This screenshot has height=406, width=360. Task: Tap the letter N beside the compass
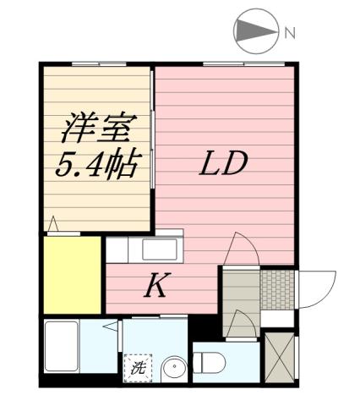coord(289,34)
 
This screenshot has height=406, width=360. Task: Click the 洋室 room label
coord(96,129)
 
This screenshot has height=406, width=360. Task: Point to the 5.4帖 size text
coord(96,164)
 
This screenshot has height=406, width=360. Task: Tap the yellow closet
coord(73,276)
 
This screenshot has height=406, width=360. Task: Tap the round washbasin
coord(172,369)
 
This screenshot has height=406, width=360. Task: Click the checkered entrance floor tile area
coord(277,288)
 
